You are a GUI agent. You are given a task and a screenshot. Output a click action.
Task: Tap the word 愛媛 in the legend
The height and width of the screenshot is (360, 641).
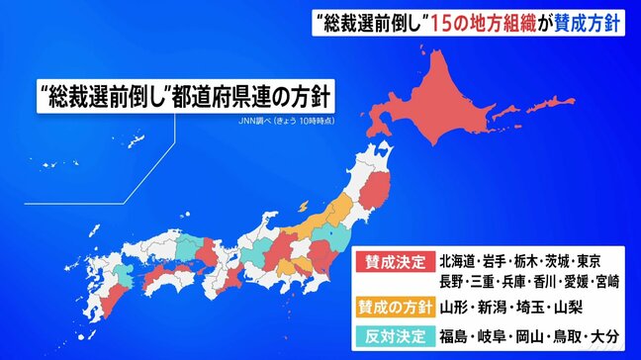click(x=563, y=283)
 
